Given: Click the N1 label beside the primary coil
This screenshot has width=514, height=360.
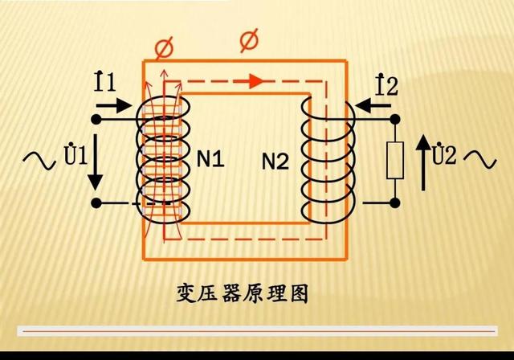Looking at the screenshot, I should point(210,160).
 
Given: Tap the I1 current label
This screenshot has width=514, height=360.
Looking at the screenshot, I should point(104,80).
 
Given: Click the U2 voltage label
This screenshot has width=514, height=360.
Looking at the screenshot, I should point(443,155).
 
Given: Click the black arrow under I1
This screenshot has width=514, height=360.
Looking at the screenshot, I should point(116,104).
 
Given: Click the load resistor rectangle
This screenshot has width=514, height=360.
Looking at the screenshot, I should point(395,161).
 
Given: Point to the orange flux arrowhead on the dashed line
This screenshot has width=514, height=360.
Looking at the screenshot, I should point(254,80).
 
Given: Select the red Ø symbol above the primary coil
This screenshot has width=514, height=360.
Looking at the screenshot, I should point(164,47).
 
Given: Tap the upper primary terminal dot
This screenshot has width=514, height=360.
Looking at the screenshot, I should point(96,120).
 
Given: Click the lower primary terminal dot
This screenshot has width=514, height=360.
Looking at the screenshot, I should point(96,203).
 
